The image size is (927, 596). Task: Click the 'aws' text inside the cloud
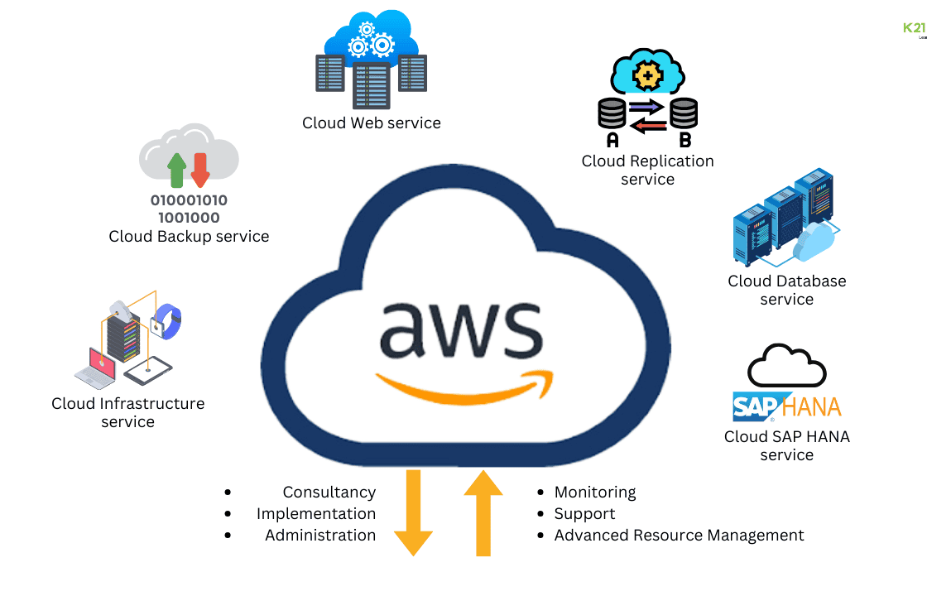pyautogui.click(x=460, y=330)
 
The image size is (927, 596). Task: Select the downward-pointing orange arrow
pyautogui.click(x=413, y=512)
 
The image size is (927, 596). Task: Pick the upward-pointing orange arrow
pyautogui.click(x=483, y=512)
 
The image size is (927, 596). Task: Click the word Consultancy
pyautogui.click(x=329, y=492)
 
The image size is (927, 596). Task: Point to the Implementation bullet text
pyautogui.click(x=316, y=513)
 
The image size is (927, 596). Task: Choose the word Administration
pyautogui.click(x=320, y=535)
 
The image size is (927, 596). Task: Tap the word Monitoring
pyautogui.click(x=595, y=492)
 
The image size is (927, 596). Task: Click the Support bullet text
pyautogui.click(x=584, y=514)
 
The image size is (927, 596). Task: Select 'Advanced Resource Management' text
pyautogui.click(x=679, y=535)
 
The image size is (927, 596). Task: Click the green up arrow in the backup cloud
pyautogui.click(x=177, y=170)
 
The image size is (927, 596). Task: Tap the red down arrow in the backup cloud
pyautogui.click(x=200, y=170)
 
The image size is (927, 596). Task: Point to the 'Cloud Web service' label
pyautogui.click(x=372, y=123)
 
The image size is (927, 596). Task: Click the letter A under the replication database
pyautogui.click(x=613, y=140)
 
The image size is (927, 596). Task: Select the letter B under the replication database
pyautogui.click(x=685, y=140)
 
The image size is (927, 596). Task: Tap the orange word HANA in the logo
pyautogui.click(x=812, y=407)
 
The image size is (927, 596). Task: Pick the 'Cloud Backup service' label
pyautogui.click(x=189, y=237)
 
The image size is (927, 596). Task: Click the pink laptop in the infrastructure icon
pyautogui.click(x=97, y=368)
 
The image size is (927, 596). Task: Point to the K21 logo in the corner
pyautogui.click(x=915, y=28)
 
